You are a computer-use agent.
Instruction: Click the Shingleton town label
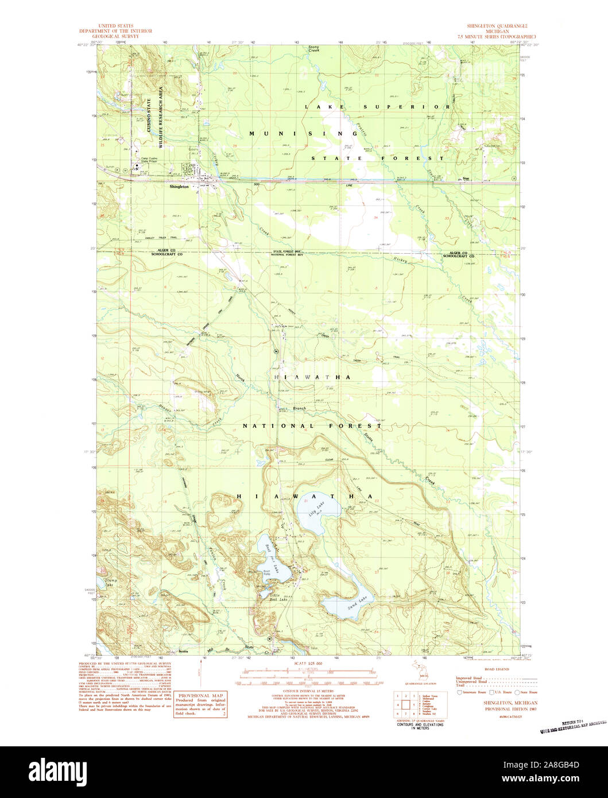(x=179, y=187)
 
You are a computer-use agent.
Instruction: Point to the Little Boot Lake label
(x=274, y=598)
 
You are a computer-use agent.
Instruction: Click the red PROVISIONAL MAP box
(x=200, y=703)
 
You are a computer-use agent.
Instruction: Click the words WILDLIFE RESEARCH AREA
(x=161, y=118)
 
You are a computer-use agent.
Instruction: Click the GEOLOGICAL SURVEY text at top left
(x=118, y=36)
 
